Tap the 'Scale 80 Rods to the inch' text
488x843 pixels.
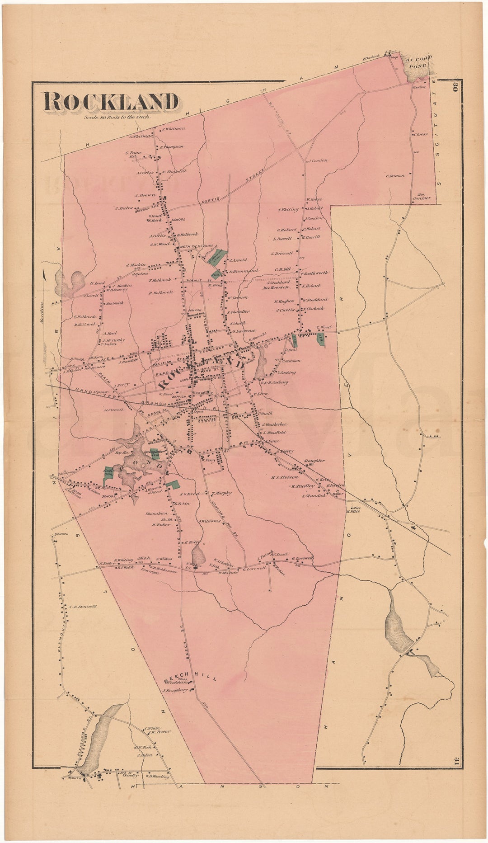pyautogui.click(x=116, y=117)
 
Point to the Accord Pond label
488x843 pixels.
pyautogui.click(x=419, y=61)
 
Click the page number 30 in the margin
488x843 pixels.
pyautogui.click(x=454, y=86)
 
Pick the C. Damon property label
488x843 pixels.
pyautogui.click(x=394, y=175)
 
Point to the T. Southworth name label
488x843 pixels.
pyautogui.click(x=314, y=273)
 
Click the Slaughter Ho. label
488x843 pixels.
pyautogui.click(x=314, y=462)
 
